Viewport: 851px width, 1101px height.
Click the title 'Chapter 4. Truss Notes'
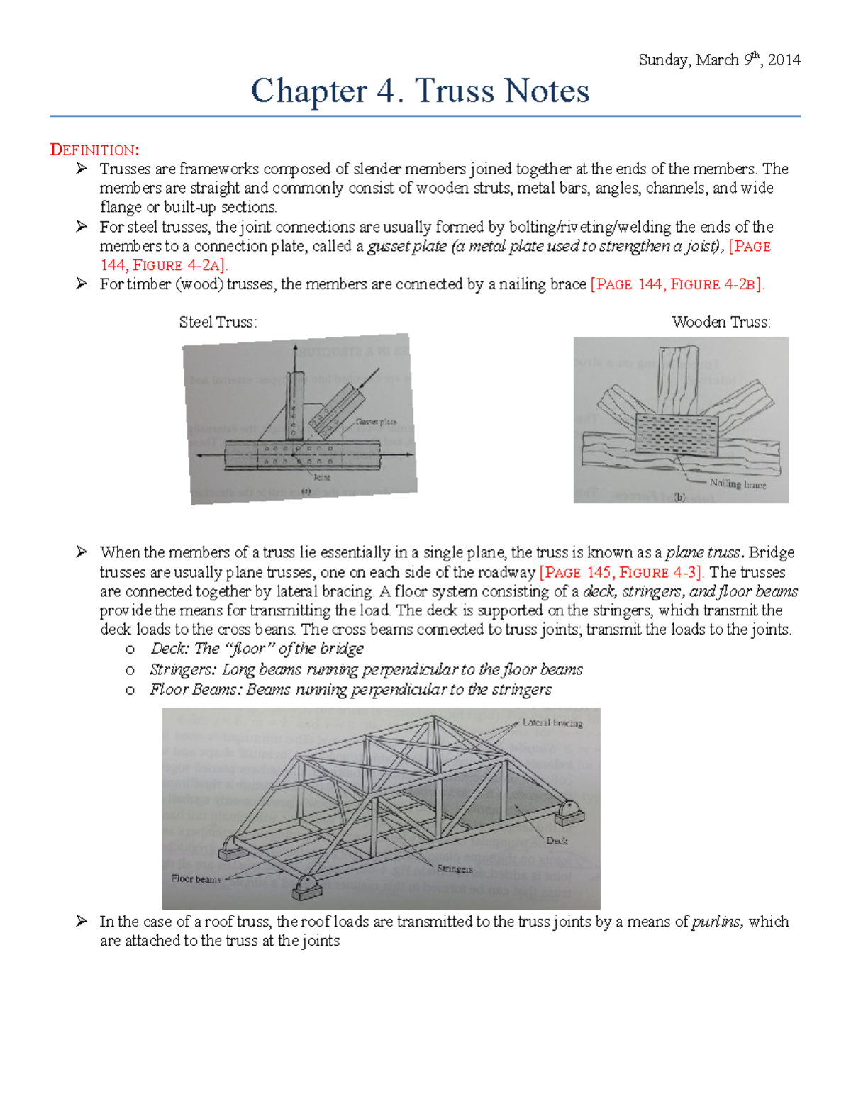420,91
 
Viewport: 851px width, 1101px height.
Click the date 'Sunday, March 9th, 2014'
719,60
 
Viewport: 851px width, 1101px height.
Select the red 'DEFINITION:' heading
94,150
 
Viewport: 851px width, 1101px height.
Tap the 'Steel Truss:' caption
218,322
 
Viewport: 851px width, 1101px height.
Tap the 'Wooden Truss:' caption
721,322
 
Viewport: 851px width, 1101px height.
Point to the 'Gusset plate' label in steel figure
376,422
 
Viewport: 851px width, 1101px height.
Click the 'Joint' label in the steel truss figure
322,477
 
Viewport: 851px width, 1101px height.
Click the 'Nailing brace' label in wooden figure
738,484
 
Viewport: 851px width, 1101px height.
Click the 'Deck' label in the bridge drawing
557,841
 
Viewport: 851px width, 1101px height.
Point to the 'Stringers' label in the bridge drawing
455,868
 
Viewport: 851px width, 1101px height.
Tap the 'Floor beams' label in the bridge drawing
196,879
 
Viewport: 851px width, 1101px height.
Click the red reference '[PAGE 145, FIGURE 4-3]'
621,572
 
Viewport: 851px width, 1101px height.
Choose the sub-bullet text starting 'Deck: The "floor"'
257,649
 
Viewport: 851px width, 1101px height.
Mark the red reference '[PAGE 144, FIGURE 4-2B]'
677,284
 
